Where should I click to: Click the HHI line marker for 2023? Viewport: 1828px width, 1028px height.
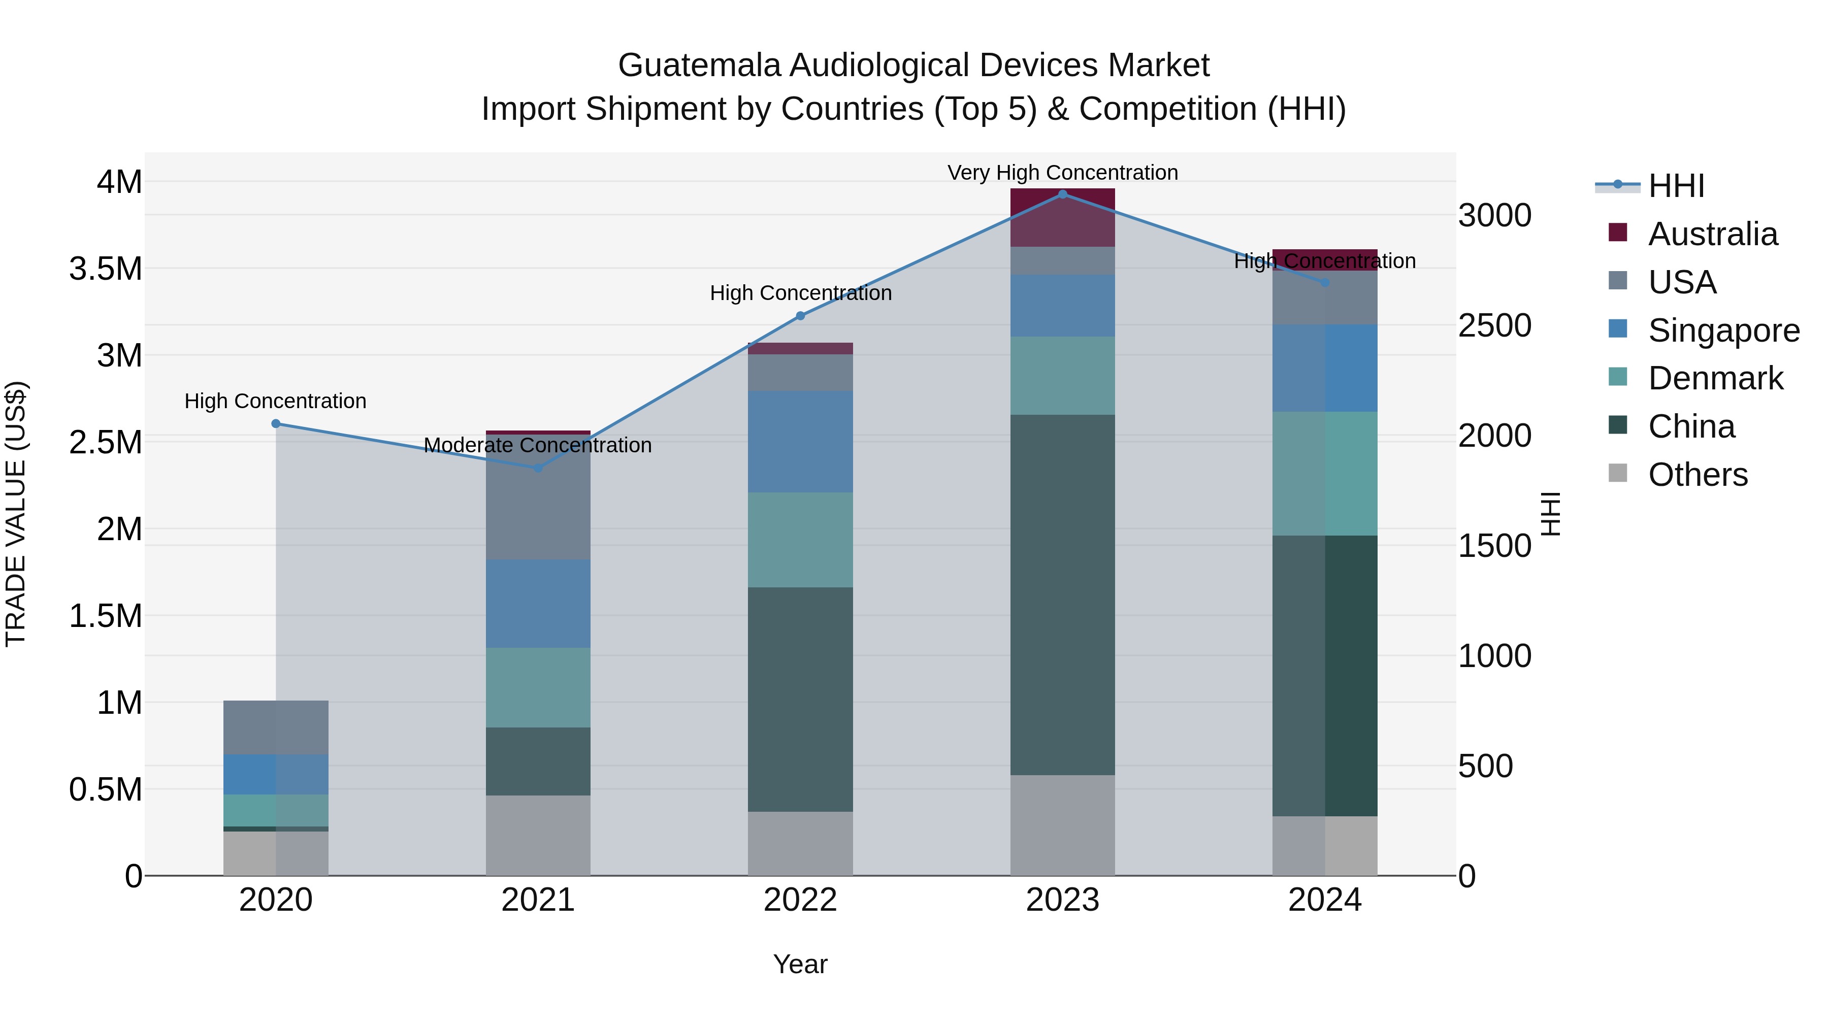(x=1062, y=194)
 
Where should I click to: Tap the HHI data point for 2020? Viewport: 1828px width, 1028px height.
(x=276, y=423)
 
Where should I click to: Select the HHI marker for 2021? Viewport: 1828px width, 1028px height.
(x=538, y=468)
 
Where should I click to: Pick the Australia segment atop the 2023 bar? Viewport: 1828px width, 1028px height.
(x=1062, y=217)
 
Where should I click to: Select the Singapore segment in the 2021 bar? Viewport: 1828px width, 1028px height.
(x=538, y=603)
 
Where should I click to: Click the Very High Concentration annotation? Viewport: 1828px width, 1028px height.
(x=1062, y=173)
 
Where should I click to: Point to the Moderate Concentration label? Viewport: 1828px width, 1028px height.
(x=537, y=445)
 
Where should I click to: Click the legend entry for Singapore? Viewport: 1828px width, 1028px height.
(x=1723, y=330)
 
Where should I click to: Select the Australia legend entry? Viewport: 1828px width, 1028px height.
(x=1712, y=234)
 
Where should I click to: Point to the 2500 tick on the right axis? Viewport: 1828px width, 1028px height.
(x=1494, y=325)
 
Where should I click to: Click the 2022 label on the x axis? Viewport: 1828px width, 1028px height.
(x=800, y=900)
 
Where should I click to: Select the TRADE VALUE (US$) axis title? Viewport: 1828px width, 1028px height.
(x=16, y=514)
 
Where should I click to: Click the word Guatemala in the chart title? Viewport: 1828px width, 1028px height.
(x=700, y=65)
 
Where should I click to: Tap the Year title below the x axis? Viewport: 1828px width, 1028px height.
(x=800, y=964)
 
